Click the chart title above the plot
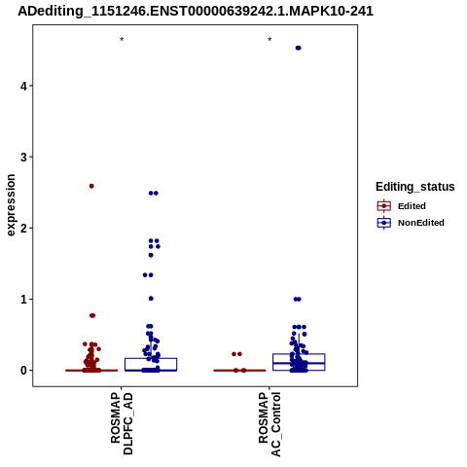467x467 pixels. [196, 11]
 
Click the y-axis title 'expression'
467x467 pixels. [11, 205]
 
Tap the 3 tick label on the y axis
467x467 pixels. [23, 158]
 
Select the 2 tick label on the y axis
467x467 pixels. [23, 229]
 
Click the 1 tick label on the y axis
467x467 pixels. [23, 300]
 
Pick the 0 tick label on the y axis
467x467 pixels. [23, 371]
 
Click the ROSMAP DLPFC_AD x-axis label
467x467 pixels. [122, 423]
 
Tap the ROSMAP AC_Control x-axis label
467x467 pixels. [269, 424]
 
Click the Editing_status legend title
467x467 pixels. [415, 187]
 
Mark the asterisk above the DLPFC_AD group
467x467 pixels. [122, 40]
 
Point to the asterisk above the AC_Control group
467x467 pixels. [269, 40]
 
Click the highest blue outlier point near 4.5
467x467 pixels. [299, 48]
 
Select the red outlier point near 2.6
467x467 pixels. [91, 186]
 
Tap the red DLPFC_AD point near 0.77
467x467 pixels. [92, 315]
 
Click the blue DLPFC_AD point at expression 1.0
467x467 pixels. [151, 299]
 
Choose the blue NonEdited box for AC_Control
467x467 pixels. [299, 362]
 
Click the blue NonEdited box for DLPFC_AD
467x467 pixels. [151, 364]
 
